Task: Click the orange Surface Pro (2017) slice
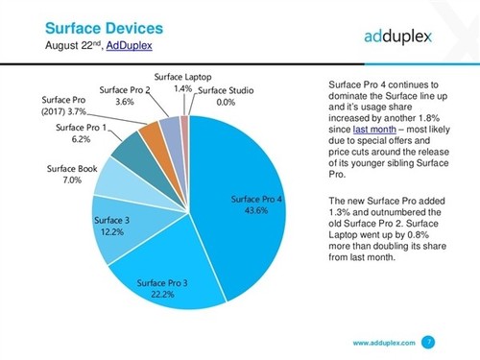151,138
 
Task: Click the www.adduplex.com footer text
382,341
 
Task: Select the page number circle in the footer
428,340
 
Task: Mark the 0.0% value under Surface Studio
226,102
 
